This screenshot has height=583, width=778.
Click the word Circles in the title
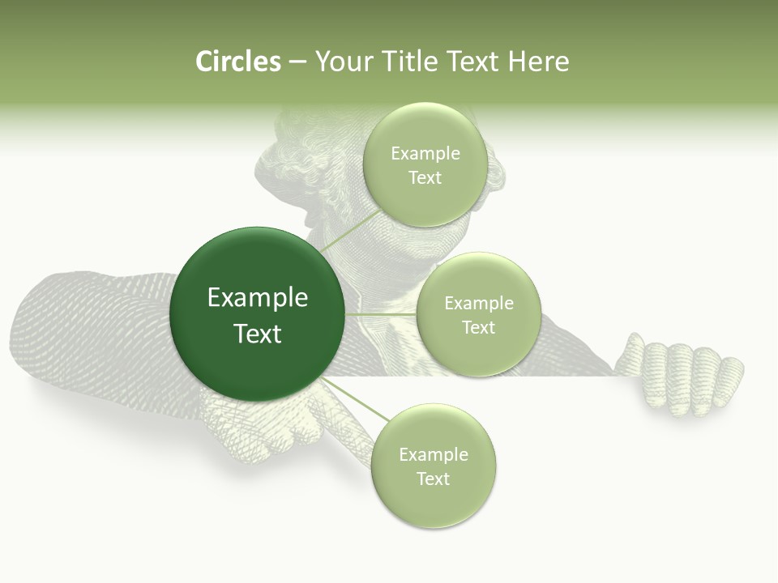[x=237, y=62]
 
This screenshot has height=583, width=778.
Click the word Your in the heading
[x=341, y=62]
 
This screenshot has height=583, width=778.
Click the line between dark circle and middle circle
[x=381, y=314]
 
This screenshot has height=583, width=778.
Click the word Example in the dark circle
[x=258, y=298]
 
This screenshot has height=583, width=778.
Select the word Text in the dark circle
[x=258, y=334]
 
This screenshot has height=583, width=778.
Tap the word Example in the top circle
[x=425, y=154]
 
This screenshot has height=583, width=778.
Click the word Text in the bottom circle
[x=433, y=479]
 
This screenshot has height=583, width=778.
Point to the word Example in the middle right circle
[x=478, y=304]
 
